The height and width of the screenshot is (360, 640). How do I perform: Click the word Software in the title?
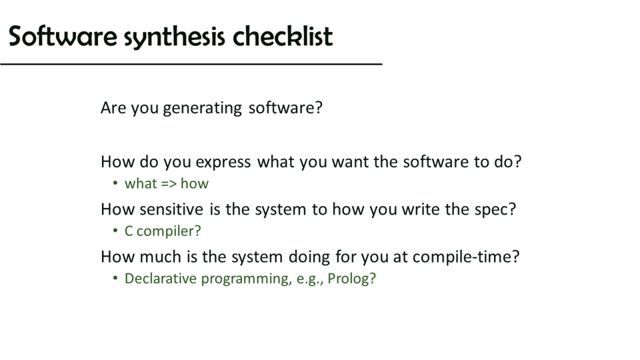coord(63,36)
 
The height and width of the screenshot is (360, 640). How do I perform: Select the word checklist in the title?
coord(283,36)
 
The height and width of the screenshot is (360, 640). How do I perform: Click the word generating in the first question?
coord(203,109)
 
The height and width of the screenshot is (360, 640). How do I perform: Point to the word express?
coord(223,163)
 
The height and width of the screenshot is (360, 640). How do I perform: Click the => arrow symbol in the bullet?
coord(168,184)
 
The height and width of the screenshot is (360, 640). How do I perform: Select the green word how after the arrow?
coord(194,184)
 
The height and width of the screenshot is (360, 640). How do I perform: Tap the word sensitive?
coord(171,209)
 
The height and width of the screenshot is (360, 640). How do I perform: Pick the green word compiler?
coord(169,231)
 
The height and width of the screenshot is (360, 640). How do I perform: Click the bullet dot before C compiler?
coord(115,231)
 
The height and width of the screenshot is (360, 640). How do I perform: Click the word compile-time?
coord(466,257)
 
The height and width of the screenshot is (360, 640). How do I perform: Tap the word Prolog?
coord(351,279)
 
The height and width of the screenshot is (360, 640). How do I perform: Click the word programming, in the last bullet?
coord(247,279)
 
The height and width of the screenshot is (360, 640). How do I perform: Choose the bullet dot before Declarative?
coord(115,278)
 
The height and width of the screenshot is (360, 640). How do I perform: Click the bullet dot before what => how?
coord(115,183)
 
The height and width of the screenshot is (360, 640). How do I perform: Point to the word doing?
coord(309,257)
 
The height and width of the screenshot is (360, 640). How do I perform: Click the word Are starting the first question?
coord(113,108)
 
